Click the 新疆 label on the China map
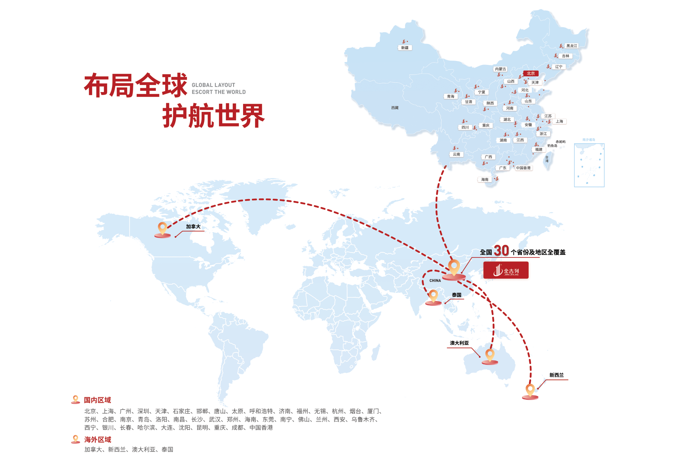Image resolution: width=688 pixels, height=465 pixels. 405,48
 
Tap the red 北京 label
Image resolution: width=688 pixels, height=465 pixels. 531,73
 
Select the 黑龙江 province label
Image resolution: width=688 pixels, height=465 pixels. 572,46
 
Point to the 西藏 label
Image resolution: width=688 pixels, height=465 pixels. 395,108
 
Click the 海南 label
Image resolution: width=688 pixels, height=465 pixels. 485,179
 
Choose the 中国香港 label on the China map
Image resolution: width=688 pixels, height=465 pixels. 523,168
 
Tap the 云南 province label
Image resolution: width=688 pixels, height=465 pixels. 457,154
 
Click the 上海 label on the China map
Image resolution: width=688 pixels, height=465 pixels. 559,121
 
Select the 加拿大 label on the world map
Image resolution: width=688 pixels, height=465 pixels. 193,226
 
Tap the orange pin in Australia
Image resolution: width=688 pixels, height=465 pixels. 490,356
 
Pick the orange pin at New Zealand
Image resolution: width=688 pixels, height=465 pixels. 530,391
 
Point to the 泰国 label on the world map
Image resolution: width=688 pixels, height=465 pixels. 457,295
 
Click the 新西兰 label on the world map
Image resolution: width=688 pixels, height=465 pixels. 556,375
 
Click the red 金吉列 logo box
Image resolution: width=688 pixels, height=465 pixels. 506,270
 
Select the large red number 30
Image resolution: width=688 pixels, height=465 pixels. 501,251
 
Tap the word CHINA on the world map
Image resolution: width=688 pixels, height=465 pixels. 435,280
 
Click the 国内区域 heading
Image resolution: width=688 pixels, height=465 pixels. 97,400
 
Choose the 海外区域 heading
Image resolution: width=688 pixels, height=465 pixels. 97,439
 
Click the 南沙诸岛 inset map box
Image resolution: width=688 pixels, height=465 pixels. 589,165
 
